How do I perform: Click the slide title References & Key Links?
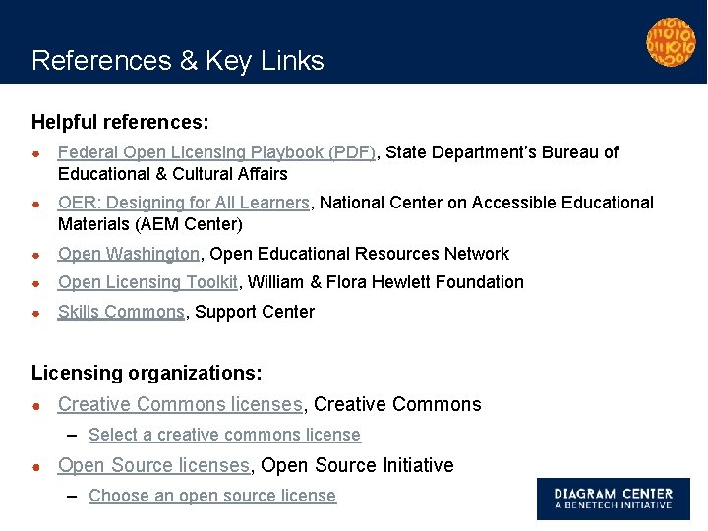click(177, 61)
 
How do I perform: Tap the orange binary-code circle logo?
click(671, 41)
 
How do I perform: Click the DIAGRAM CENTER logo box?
click(613, 499)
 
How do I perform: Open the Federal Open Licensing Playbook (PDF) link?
click(216, 152)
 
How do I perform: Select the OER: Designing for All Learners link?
click(184, 203)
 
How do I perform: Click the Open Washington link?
click(129, 254)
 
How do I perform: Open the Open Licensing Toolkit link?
click(147, 282)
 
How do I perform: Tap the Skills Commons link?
click(121, 312)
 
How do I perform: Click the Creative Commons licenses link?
click(180, 404)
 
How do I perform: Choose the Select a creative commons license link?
click(224, 435)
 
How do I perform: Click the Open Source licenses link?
click(153, 465)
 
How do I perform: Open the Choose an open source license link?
click(212, 496)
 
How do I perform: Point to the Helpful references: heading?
click(120, 123)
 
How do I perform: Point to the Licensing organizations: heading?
click(147, 374)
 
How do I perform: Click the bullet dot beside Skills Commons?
click(35, 313)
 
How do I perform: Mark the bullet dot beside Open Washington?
click(35, 255)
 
